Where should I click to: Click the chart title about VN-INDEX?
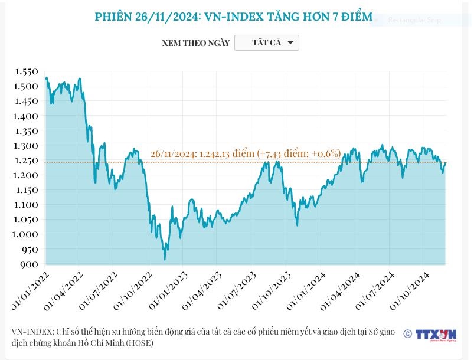tap(233, 17)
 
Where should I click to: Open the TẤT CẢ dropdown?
tap(267, 43)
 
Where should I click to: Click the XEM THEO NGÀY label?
tap(195, 44)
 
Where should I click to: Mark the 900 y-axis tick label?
tap(29, 264)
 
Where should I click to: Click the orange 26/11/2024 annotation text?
tap(246, 153)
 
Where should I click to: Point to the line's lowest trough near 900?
tap(165, 260)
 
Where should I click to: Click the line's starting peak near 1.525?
tap(46, 78)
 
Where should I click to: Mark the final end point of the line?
tap(446, 162)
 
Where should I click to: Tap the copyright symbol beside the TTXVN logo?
tap(407, 334)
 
